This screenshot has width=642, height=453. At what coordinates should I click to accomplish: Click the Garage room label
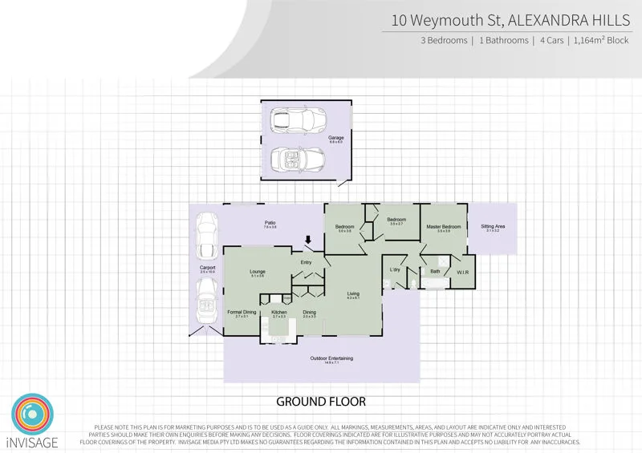point(335,138)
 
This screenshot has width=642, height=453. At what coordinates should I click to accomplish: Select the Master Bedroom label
point(443,227)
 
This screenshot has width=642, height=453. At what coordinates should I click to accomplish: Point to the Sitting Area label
point(492,227)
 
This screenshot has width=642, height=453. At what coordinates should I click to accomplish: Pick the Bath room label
point(435,272)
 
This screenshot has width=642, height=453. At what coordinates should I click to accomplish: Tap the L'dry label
point(395,269)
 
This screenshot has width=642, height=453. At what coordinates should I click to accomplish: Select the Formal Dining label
point(242,312)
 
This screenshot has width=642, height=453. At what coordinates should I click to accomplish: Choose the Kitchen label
point(279,312)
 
